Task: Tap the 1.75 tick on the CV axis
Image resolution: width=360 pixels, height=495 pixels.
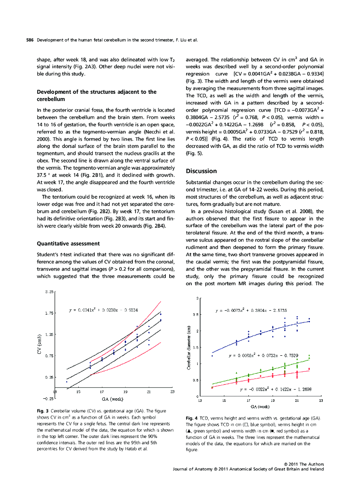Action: (49, 313)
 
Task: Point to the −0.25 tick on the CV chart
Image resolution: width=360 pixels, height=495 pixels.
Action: (48, 398)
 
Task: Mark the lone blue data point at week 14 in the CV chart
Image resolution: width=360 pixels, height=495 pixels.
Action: (66, 381)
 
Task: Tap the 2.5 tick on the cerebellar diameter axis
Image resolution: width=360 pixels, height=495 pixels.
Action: (194, 315)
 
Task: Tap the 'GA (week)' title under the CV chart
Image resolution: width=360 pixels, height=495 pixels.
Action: (114, 399)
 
